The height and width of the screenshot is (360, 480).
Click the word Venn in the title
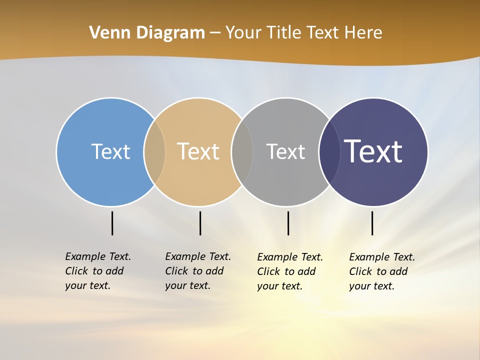coord(104,32)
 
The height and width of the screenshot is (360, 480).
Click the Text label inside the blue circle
coord(110,151)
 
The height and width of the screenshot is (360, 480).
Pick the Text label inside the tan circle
coord(198,151)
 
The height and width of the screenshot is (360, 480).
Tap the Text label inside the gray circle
coord(285,151)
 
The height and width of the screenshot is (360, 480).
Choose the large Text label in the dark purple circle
coord(373,151)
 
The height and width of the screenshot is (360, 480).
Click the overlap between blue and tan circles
coord(154,151)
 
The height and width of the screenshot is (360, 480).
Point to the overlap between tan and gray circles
coord(242,151)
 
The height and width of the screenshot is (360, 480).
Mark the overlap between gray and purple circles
coord(329,151)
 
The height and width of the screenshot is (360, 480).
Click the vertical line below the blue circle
coord(112,223)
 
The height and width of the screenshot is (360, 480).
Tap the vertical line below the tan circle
coord(200,223)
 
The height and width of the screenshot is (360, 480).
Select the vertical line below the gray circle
coord(288,223)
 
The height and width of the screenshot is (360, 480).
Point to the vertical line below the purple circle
coord(372,223)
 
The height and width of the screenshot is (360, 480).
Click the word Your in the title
coord(243,32)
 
